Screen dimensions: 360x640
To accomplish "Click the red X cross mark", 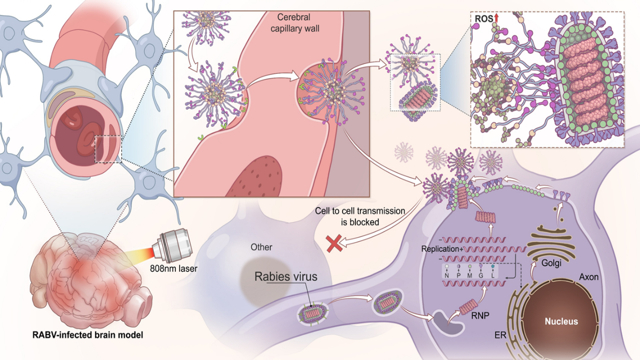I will coord(334,243).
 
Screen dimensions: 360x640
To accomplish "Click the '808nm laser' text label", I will coord(173,268).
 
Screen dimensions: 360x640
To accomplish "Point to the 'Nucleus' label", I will coord(561,321).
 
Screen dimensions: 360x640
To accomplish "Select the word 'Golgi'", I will coord(551,263).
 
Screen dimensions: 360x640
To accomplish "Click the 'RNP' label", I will coord(480,316).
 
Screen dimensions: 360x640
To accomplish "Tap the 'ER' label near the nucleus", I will coord(500,335).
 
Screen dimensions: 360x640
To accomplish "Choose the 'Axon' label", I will coord(589,277).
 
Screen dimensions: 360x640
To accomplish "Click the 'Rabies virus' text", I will coord(285,276).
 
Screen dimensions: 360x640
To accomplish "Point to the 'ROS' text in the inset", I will coord(483,19).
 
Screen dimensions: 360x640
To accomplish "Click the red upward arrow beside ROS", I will coord(496,18).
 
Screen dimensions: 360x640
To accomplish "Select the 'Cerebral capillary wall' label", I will coord(295,23).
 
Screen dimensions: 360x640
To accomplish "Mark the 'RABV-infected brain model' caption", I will coord(88,335).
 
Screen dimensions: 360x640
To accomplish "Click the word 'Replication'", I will coord(440,249).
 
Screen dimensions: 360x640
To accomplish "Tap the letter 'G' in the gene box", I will coord(481,276).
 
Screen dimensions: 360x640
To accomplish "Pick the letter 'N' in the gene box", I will coord(446,276).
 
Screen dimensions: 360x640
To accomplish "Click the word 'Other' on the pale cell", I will coord(261,247).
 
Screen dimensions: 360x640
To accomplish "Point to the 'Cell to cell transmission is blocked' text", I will coord(360,217).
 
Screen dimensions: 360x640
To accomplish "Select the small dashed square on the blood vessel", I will coord(108,149).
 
